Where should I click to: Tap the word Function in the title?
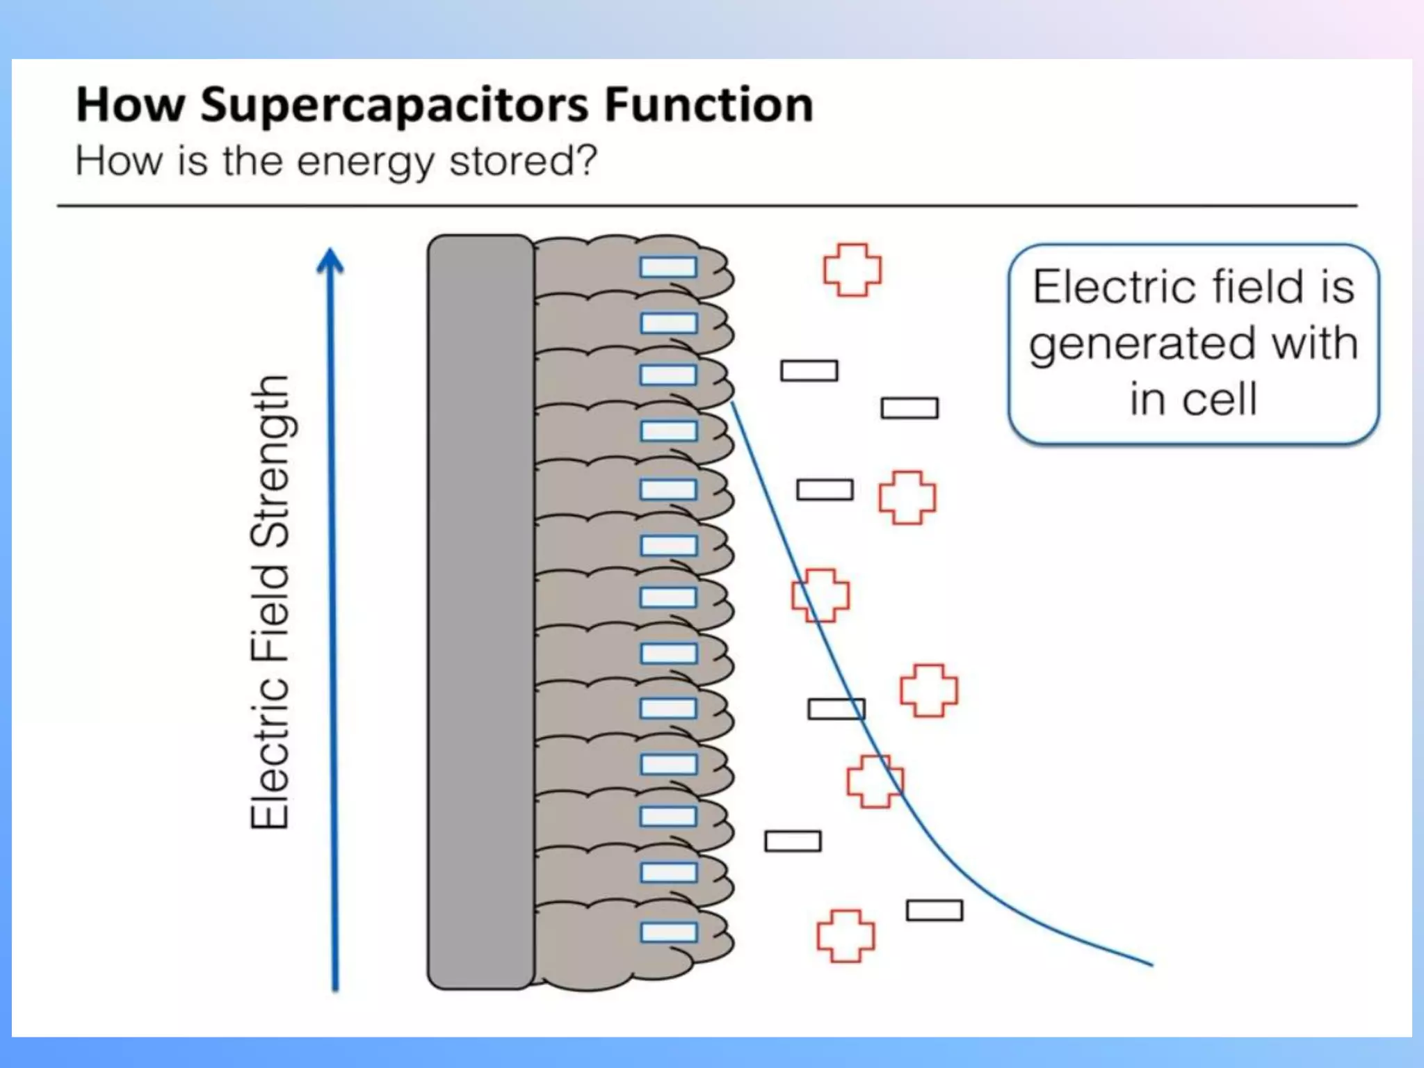[709, 105]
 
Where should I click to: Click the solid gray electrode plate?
[480, 612]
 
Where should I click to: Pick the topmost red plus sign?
[852, 270]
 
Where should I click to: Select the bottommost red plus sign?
[845, 936]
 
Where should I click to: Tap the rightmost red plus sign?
[929, 690]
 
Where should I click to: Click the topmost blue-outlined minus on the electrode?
[668, 267]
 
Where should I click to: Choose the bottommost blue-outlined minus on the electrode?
[668, 932]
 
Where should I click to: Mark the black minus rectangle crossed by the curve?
[836, 709]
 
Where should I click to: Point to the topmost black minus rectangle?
[809, 371]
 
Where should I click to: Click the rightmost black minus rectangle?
[934, 910]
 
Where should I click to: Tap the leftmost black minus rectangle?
[793, 841]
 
